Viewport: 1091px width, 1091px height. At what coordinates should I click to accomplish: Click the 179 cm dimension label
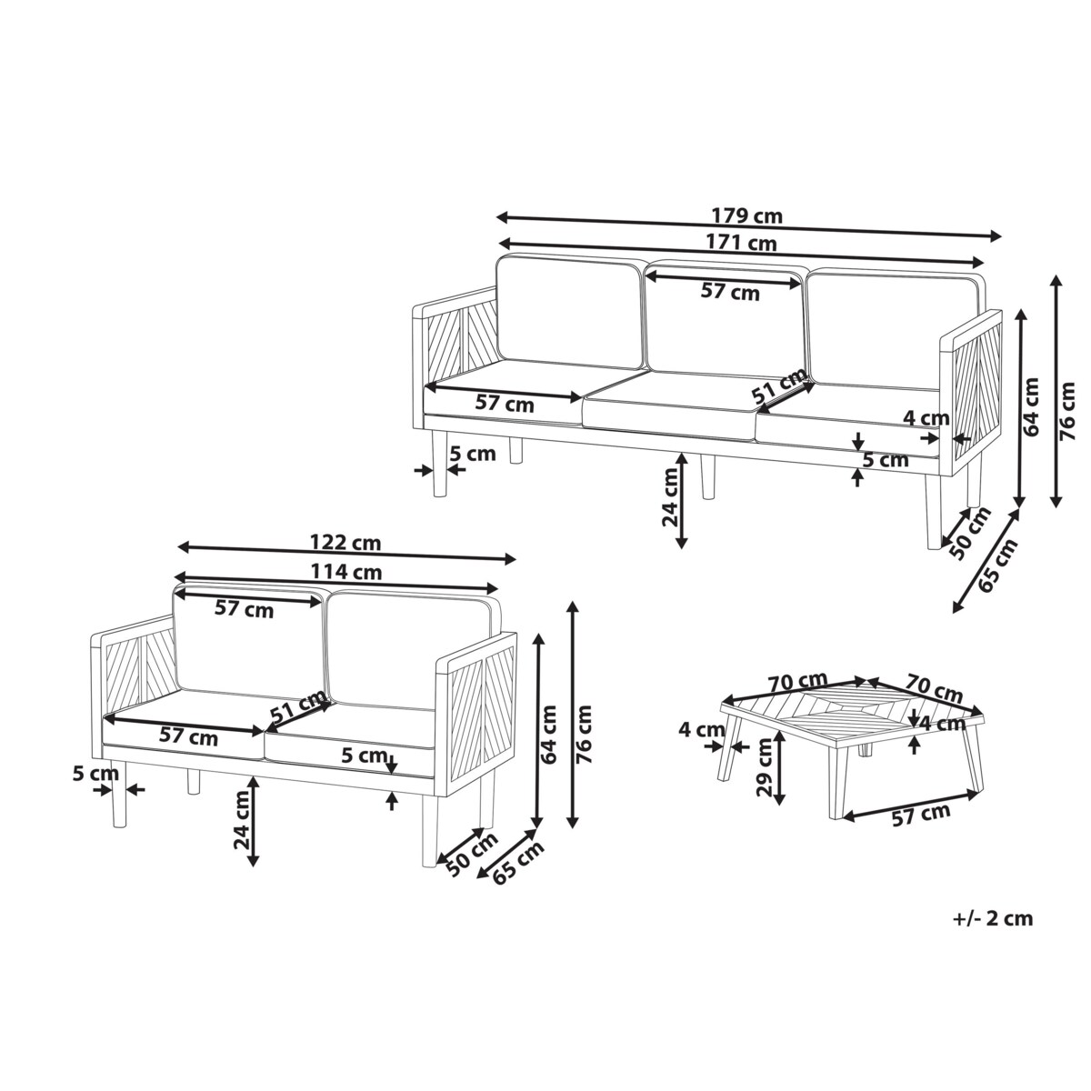(746, 215)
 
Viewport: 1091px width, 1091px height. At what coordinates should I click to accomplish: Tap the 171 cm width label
(741, 243)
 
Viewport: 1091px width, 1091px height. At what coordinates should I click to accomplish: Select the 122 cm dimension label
(345, 543)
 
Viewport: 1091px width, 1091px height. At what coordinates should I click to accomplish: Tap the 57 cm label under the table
(921, 815)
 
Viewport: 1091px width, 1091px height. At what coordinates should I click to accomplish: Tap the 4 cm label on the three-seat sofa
(926, 418)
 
